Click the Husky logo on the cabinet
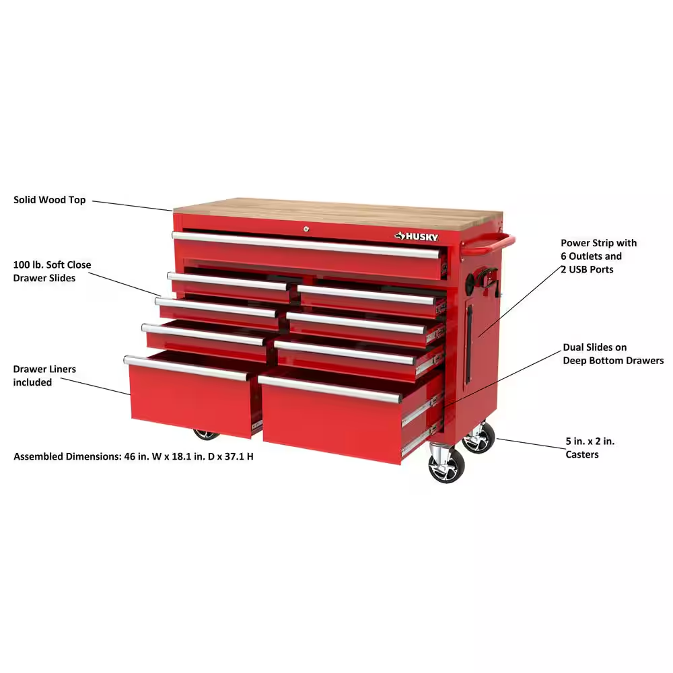tap(417, 236)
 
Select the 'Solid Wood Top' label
tap(50, 200)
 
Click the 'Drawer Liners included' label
tap(44, 376)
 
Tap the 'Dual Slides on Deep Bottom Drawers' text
tap(612, 354)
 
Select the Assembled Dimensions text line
tap(133, 456)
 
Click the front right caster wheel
tap(446, 466)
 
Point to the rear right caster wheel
tap(479, 438)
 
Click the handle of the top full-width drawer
tap(306, 244)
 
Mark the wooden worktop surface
tap(336, 210)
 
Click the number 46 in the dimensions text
tap(131, 456)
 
